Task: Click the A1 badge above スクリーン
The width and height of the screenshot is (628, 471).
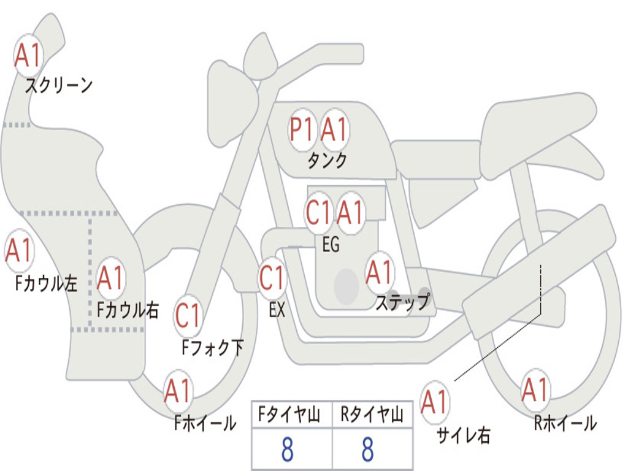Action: [28, 56]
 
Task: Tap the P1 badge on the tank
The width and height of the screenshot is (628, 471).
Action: [302, 130]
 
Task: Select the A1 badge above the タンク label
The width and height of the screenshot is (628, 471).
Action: [334, 130]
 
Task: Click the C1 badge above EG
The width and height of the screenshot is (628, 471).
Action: [319, 213]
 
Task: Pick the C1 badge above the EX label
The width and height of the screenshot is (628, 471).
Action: [272, 278]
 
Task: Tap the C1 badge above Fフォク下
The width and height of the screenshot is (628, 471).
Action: [188, 316]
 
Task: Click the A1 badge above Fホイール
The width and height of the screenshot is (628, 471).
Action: [178, 391]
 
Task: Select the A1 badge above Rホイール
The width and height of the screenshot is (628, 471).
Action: [535, 390]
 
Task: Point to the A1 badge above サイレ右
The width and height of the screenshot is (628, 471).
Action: [435, 402]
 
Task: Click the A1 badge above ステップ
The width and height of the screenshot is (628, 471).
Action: [380, 273]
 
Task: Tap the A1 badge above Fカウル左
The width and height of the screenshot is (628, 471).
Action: [19, 251]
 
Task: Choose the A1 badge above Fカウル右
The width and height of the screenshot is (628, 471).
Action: [110, 278]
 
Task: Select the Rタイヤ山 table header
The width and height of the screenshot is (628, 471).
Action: [372, 415]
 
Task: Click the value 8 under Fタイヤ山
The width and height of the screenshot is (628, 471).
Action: [288, 450]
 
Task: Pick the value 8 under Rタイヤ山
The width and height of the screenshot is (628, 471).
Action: [368, 450]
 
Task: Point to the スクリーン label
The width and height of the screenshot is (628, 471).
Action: [59, 85]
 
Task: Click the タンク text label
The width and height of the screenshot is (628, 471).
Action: [327, 161]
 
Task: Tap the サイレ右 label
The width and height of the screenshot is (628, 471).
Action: [464, 435]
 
